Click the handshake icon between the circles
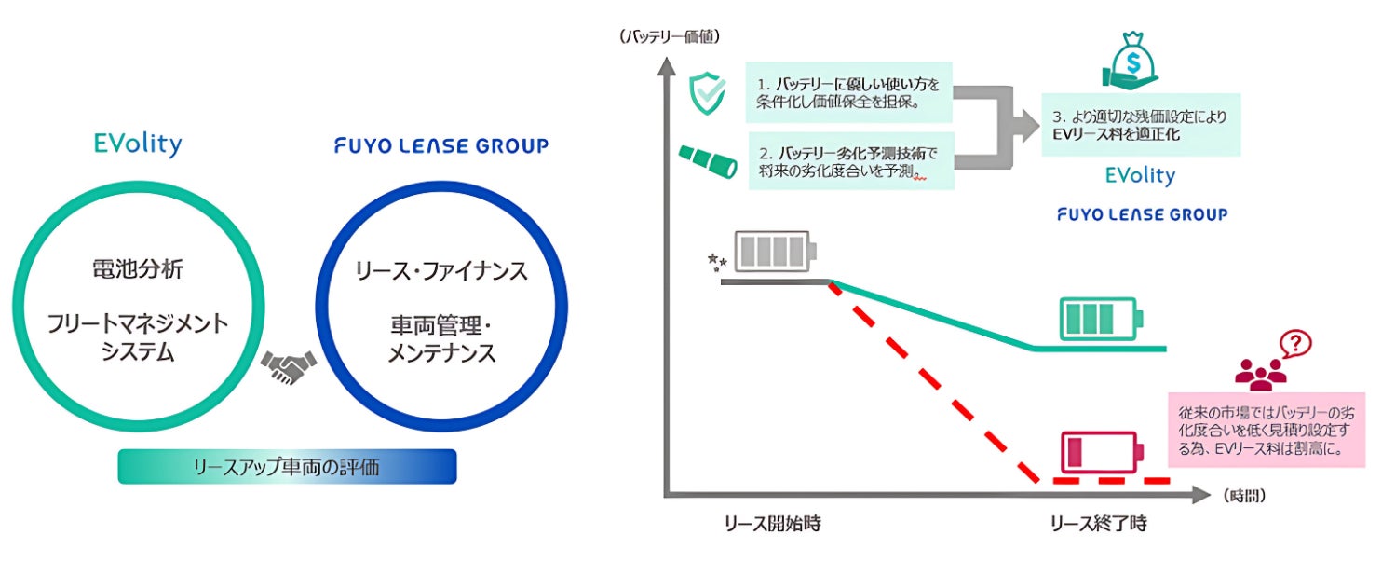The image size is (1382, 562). click(x=288, y=366)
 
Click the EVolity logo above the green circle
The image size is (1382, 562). click(x=138, y=144)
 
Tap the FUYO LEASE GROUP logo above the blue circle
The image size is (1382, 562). click(x=441, y=145)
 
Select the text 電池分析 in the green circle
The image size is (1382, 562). click(x=138, y=268)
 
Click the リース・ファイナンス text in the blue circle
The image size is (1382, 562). click(x=441, y=271)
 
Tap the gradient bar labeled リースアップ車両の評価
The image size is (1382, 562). click(x=287, y=466)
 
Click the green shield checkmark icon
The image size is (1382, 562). click(x=707, y=93)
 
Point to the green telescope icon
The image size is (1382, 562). click(x=708, y=161)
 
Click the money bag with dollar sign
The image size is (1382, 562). click(x=1131, y=60)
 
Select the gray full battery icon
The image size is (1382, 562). click(x=776, y=252)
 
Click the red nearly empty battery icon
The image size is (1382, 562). click(x=1102, y=451)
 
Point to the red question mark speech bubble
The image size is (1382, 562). click(x=1295, y=344)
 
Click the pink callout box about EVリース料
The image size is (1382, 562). click(x=1267, y=430)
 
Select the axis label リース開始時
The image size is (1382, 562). click(x=772, y=524)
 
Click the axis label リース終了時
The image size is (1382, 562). click(x=1099, y=524)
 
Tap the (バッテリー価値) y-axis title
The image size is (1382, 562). click(x=670, y=36)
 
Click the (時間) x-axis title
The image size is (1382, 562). click(x=1244, y=495)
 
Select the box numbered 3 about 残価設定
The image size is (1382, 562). click(x=1141, y=125)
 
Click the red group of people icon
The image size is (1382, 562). click(x=1260, y=375)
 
